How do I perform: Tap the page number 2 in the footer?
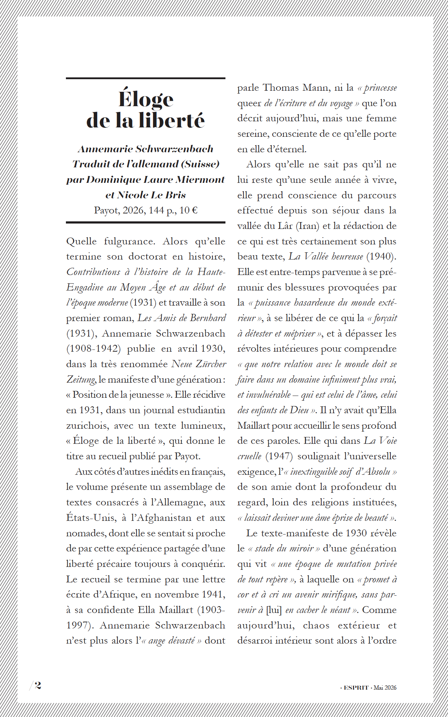coord(38,685)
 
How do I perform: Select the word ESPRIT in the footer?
coord(356,687)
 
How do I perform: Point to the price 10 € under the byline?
coord(189,210)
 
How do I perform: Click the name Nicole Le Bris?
coord(152,195)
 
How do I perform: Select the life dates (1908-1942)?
coord(93,349)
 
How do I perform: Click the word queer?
coord(249,103)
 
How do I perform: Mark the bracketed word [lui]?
coord(274,610)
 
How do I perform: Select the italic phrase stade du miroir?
coord(284,549)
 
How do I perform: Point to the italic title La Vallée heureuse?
coord(326,257)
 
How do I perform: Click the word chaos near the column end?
coord(316,626)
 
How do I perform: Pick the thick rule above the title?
coord(145,78)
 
